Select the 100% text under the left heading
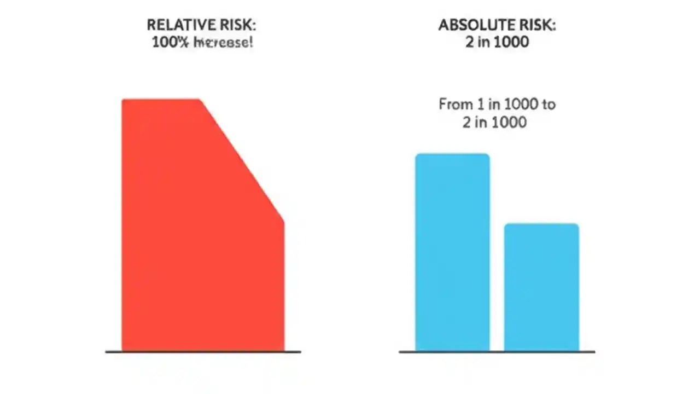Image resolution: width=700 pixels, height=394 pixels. (x=170, y=42)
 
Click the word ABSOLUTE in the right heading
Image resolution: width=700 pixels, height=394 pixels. (x=475, y=25)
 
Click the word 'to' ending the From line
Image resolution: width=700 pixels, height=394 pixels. (x=549, y=104)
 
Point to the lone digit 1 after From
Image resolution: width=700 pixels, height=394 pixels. (x=477, y=104)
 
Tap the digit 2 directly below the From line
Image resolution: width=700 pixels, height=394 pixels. (x=466, y=121)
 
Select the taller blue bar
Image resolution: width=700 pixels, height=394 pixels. (x=452, y=252)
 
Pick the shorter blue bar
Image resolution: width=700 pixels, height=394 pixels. (x=541, y=287)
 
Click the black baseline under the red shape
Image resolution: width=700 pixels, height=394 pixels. (x=203, y=352)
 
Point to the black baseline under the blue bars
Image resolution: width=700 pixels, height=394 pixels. (x=497, y=352)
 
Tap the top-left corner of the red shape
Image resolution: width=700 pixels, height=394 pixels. (x=123, y=100)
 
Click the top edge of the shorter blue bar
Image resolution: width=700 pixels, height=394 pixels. (x=541, y=224)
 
